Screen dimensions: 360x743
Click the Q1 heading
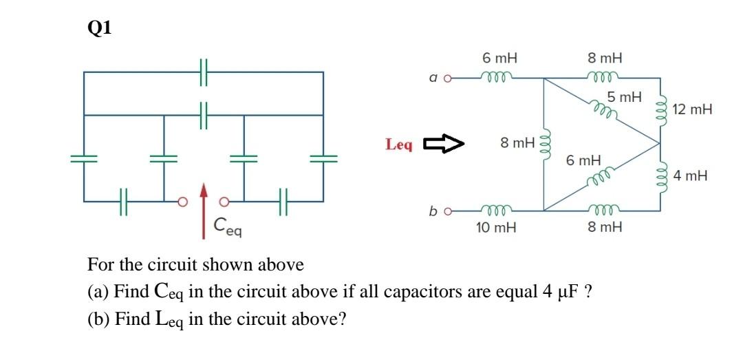tap(100, 28)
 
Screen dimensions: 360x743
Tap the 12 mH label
tap(692, 109)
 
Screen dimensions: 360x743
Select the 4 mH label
tap(691, 176)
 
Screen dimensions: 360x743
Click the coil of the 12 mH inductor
tap(661, 109)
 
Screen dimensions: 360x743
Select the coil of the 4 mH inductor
tap(661, 176)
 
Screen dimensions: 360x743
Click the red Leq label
tap(399, 145)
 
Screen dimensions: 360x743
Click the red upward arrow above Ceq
tap(204, 210)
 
